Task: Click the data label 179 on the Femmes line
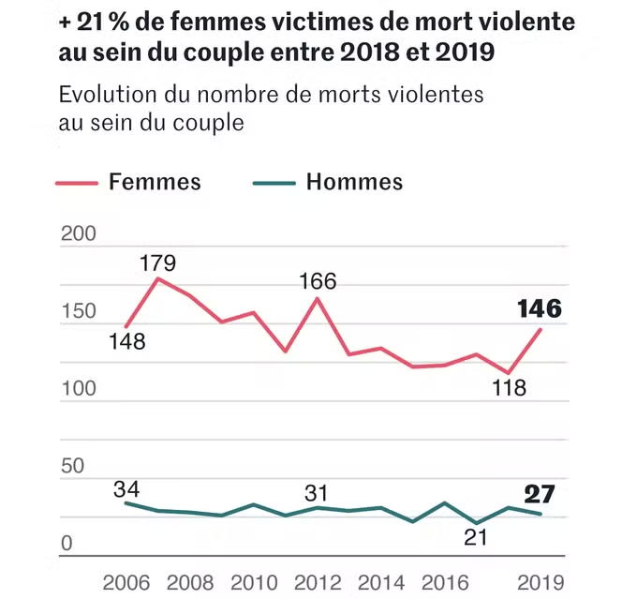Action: point(157,262)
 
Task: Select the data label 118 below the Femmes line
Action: point(508,387)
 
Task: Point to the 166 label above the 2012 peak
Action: point(318,280)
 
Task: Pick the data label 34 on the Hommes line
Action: point(126,487)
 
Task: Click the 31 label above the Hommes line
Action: point(318,493)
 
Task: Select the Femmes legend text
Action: point(155,182)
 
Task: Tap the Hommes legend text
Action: point(354,182)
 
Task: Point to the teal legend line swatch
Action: point(274,183)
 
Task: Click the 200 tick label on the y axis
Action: point(78,234)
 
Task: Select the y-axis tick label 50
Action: point(72,466)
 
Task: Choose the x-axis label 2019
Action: point(541,581)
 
